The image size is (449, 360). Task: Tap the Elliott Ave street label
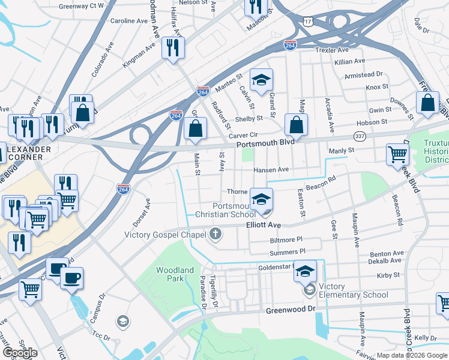pyautogui.click(x=264, y=224)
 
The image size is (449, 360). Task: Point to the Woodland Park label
pyautogui.click(x=175, y=275)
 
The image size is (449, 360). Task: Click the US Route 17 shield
pyautogui.click(x=308, y=22)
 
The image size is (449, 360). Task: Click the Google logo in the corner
pyautogui.click(x=20, y=353)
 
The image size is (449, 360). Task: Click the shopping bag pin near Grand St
pyautogui.click(x=296, y=125)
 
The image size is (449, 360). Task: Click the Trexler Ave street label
pyautogui.click(x=332, y=50)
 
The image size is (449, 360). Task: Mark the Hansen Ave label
pyautogui.click(x=271, y=170)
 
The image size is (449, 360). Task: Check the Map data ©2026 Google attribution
pyautogui.click(x=412, y=355)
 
